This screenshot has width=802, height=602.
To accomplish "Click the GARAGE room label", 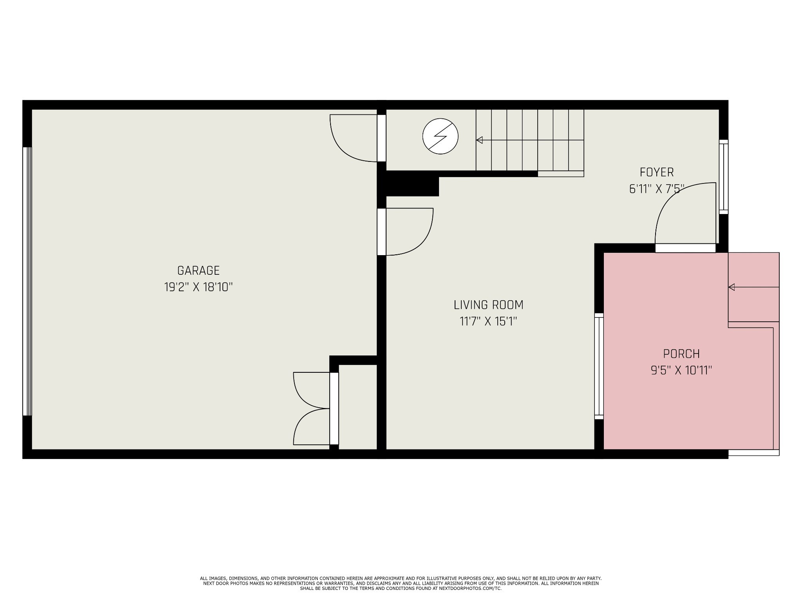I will click(x=198, y=270).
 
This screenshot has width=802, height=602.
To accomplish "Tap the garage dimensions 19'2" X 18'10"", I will click(x=198, y=287).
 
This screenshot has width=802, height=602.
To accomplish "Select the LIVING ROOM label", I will click(x=488, y=305).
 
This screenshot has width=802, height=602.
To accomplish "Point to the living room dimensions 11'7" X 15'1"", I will click(x=488, y=322).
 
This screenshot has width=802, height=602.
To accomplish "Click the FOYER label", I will click(x=657, y=172).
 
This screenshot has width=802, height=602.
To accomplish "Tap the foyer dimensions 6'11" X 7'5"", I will click(x=657, y=189).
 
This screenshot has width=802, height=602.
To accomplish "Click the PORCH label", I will click(x=681, y=354).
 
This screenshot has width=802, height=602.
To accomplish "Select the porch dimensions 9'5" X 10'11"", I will click(x=681, y=370).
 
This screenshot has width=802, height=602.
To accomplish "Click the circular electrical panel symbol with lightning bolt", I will click(x=440, y=136).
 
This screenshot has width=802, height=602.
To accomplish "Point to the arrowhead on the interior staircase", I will click(x=479, y=140).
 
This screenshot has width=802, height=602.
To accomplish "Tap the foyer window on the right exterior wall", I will click(x=723, y=177).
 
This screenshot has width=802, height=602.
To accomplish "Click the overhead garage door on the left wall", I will click(x=27, y=281).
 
